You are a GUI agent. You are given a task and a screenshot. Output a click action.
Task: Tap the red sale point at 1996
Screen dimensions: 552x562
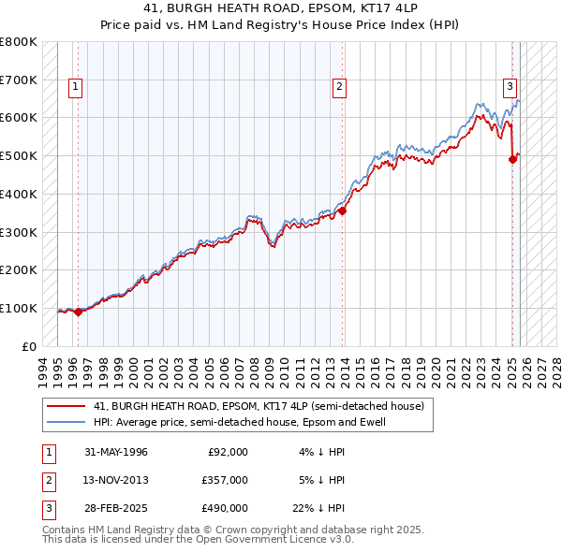pos(78,312)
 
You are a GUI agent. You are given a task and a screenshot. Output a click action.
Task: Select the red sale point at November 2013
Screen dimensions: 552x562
pos(343,211)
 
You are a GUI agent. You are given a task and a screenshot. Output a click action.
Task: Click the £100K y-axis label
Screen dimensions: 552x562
pos(19,308)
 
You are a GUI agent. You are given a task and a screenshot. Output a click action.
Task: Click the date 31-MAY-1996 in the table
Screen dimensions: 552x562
pos(115,452)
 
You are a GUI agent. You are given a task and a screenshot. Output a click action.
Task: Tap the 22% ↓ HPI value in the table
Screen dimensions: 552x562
pos(320,508)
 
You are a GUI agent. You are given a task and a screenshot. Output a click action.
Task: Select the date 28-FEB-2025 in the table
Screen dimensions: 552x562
pos(115,508)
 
